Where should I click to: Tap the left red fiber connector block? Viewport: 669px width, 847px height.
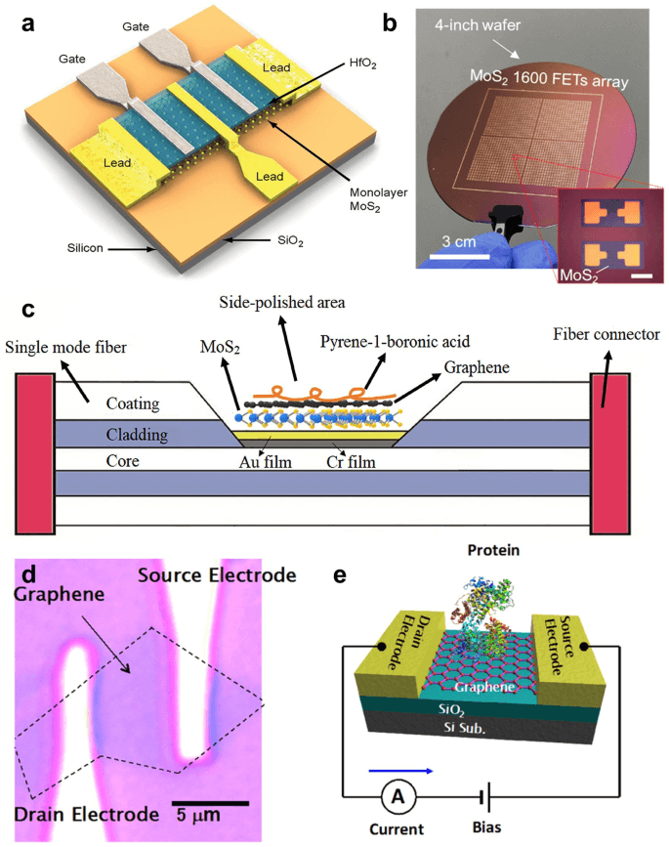tap(33, 448)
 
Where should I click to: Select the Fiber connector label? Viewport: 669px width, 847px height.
tap(606, 335)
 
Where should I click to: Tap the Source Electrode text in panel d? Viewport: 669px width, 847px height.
tap(216, 574)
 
